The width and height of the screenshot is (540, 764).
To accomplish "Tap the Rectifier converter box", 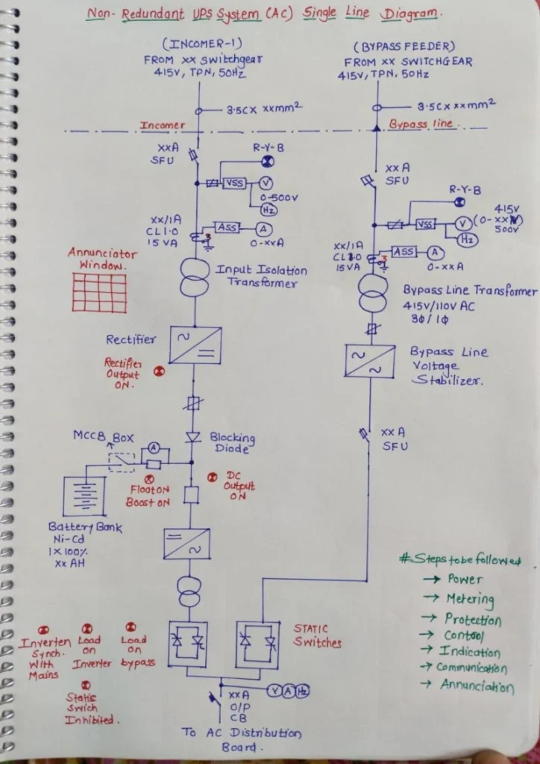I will (195, 345).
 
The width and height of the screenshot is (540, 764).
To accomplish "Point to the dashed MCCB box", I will (121, 462).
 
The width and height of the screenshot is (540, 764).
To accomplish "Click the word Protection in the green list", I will (473, 619).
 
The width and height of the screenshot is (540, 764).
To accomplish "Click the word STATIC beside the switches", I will (310, 629).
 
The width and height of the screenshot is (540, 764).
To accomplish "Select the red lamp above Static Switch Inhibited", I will (87, 683).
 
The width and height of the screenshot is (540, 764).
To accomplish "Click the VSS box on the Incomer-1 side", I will (236, 183).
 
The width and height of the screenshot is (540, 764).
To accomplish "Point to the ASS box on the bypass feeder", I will (404, 252).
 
